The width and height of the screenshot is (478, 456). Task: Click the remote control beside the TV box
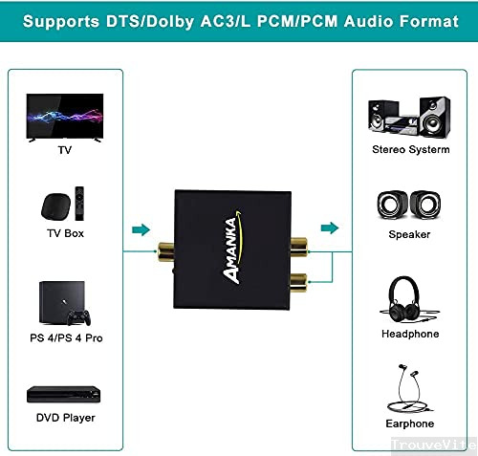point(84,204)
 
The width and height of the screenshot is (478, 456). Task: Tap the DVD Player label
point(66,418)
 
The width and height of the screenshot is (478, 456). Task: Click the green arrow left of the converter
point(141,229)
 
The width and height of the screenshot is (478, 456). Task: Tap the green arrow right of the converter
point(330,228)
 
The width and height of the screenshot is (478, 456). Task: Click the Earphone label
point(410,423)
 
